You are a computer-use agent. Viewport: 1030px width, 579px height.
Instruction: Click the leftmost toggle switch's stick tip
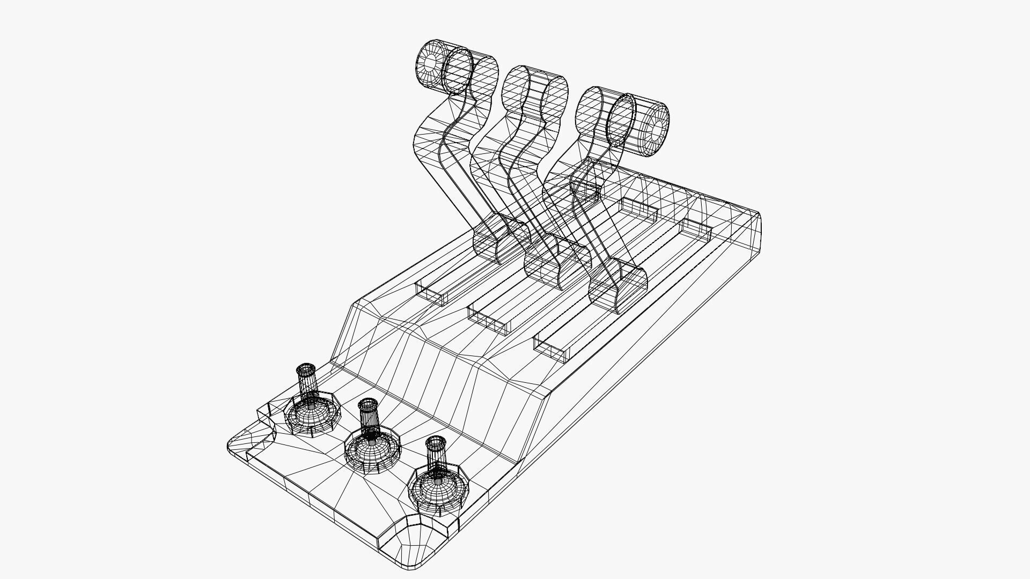pos(306,369)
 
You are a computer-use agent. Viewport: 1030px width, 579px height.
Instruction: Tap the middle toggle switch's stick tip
pos(368,403)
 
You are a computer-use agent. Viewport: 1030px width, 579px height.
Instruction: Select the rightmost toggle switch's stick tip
pos(436,442)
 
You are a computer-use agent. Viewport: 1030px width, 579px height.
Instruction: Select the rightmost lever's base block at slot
pos(617,289)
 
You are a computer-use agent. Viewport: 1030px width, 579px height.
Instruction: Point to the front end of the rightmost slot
pos(553,349)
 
